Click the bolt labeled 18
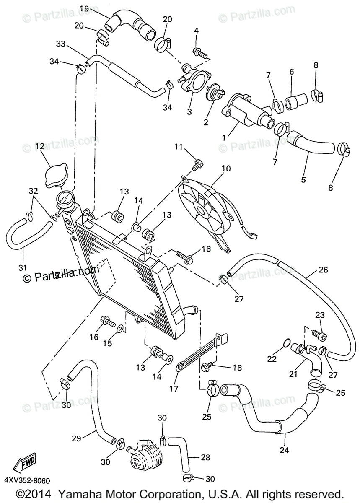pyautogui.click(x=206, y=367)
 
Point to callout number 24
pyautogui.click(x=287, y=450)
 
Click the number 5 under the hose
pyautogui.click(x=303, y=180)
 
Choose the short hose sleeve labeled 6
pyautogui.click(x=294, y=102)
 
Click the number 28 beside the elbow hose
pyautogui.click(x=205, y=457)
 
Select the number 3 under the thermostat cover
pyautogui.click(x=189, y=112)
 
